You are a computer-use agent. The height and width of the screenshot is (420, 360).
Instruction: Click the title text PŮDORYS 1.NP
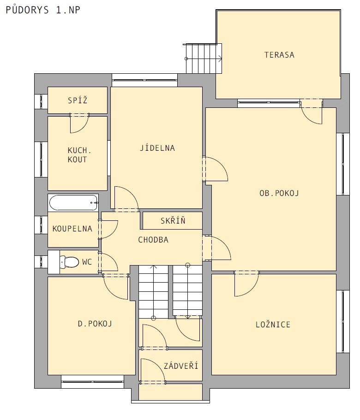coord(43,10)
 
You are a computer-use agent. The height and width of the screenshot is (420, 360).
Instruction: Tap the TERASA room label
coord(279,55)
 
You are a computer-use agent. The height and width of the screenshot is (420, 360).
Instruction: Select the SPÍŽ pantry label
coord(78,100)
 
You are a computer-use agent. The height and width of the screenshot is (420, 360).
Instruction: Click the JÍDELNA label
coord(157,148)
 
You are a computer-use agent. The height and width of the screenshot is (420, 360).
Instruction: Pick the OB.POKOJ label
coord(279,193)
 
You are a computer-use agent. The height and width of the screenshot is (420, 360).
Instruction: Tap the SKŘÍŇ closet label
coord(173,220)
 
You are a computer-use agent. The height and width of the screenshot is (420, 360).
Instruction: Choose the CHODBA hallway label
coord(153,239)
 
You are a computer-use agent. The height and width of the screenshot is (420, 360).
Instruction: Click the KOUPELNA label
coord(72,229)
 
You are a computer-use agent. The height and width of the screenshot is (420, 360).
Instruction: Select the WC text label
coord(87,262)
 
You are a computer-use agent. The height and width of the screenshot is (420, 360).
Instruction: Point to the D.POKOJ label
coord(95,324)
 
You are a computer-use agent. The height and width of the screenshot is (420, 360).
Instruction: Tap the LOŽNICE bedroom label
coord(273,325)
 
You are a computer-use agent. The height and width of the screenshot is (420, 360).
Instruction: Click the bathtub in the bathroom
coord(73,203)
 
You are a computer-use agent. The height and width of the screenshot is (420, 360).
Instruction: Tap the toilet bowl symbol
coord(69,262)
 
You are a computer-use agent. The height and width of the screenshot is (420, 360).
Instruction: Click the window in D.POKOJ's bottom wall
coord(92,378)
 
